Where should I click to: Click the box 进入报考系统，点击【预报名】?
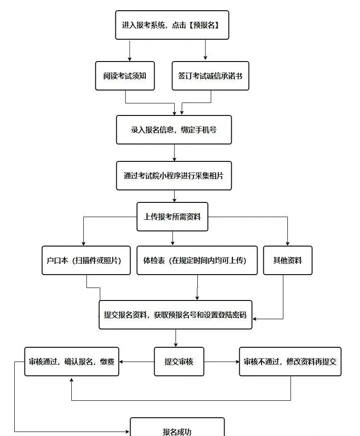point(172,25)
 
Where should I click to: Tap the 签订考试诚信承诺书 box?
point(210,76)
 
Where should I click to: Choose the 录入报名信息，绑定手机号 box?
point(174,130)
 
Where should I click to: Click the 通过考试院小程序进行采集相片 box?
point(174,176)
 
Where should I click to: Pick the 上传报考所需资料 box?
point(172,217)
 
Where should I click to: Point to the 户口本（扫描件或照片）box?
point(86,260)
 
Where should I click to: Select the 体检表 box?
point(197,260)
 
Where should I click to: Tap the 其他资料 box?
point(287,260)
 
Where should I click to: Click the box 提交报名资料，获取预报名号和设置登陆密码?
point(175,315)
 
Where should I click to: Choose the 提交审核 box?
point(179,362)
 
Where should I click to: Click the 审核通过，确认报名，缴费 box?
point(72,362)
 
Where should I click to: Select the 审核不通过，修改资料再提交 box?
point(290,362)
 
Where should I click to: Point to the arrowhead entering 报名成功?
point(127,432)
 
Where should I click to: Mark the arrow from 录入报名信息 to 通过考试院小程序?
point(174,152)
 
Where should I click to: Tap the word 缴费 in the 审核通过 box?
point(107,362)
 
